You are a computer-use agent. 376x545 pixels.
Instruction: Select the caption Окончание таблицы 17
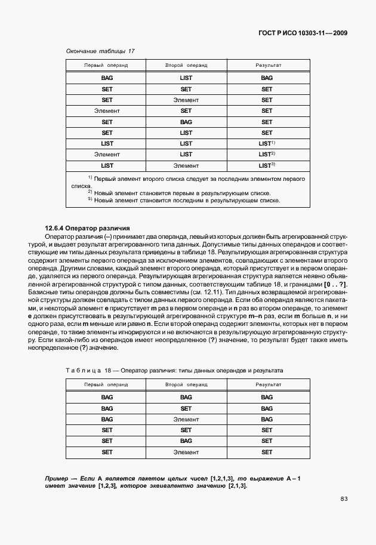(x=100, y=51)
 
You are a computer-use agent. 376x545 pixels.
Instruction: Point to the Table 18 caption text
(x=174, y=371)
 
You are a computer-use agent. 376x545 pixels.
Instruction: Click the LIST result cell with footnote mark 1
(x=266, y=143)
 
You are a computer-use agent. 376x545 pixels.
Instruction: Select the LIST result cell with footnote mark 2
(x=266, y=154)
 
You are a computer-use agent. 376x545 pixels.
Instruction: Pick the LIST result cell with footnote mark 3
(x=266, y=165)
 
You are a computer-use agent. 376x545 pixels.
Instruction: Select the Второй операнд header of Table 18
(x=186, y=384)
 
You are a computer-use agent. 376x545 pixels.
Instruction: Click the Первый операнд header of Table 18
(x=106, y=384)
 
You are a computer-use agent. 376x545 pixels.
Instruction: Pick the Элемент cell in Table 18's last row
(x=186, y=452)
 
